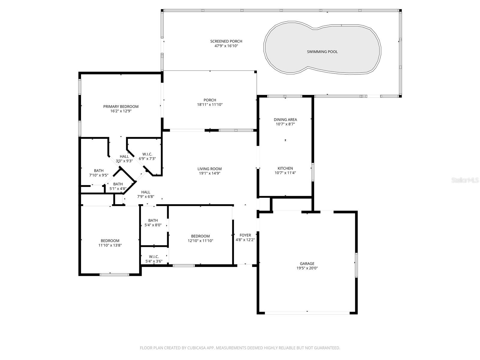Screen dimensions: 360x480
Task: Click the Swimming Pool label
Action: (x=322, y=52)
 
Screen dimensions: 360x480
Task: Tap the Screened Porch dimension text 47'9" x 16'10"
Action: (x=226, y=46)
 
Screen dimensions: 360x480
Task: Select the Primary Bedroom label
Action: (x=121, y=106)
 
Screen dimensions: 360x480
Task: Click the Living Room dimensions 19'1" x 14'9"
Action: (x=209, y=173)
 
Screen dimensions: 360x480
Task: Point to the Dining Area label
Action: (x=285, y=119)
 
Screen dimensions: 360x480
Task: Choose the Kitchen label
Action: (x=285, y=168)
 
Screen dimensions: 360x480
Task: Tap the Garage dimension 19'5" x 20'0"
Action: (x=307, y=268)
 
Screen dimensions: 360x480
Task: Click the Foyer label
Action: (x=245, y=235)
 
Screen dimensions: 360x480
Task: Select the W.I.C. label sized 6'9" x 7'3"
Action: (x=147, y=154)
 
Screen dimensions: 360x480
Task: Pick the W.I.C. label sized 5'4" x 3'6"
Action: (x=154, y=256)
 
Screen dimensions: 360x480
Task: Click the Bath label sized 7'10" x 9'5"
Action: (x=99, y=170)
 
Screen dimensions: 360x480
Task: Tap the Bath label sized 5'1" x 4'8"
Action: (x=118, y=184)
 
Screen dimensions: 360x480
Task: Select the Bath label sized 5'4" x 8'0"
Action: (x=153, y=220)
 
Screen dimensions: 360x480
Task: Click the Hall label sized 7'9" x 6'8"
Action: (x=146, y=192)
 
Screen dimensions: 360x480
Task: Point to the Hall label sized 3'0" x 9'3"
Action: (x=124, y=156)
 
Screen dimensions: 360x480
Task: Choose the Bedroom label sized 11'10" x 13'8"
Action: (x=110, y=241)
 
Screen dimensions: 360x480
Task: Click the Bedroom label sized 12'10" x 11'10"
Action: (x=200, y=236)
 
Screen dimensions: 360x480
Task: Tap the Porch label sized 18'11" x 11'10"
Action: (x=210, y=100)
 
